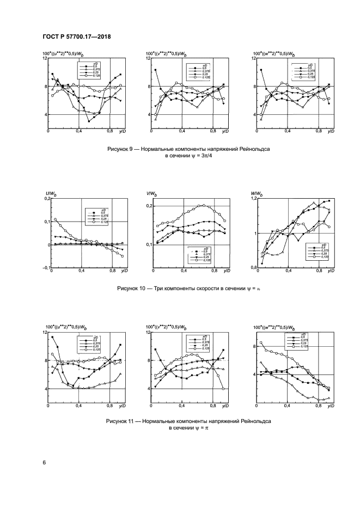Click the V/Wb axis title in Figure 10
pos(151,194)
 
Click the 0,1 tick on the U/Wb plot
pos(44,222)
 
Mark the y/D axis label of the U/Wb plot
pos(123,271)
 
